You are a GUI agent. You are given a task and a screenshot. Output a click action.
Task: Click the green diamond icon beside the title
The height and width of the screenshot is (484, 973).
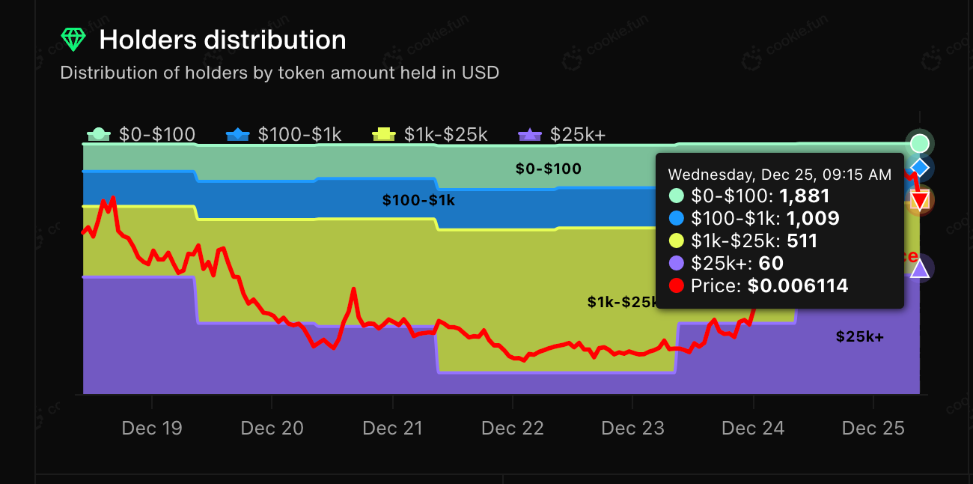click(73, 40)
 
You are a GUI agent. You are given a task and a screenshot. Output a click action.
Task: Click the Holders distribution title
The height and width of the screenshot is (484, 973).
click(222, 40)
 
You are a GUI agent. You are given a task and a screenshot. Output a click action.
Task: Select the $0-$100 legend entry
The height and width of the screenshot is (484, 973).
click(141, 135)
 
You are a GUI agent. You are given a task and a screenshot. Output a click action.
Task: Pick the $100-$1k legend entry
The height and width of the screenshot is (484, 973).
click(284, 135)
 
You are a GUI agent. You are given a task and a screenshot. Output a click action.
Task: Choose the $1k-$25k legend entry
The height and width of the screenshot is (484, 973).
click(430, 135)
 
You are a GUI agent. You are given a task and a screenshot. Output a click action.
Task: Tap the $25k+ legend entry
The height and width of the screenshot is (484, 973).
click(561, 135)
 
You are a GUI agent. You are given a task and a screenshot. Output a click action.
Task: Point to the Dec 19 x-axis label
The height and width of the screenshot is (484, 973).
click(152, 429)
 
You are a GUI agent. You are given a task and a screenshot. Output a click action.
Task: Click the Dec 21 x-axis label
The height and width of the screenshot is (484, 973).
click(392, 429)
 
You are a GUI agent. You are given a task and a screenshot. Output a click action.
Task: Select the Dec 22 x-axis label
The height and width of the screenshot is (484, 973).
click(513, 429)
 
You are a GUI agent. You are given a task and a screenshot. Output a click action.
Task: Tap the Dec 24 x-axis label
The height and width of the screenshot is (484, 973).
click(753, 429)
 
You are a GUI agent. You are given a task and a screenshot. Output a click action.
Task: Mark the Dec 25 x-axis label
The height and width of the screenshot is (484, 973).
click(873, 429)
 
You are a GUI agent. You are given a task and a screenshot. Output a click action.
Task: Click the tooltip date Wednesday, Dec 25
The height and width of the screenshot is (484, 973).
click(779, 175)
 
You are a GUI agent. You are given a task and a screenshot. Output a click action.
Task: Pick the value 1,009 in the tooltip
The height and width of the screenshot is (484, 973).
click(809, 219)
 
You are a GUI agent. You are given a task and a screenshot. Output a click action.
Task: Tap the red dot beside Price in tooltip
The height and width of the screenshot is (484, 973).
click(677, 285)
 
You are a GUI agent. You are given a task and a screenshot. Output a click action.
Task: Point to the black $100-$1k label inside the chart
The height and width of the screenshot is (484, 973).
click(418, 201)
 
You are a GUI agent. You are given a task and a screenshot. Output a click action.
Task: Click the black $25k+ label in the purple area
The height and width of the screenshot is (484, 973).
click(859, 337)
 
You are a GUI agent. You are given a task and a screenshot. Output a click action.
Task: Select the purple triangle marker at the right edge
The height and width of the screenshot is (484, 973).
click(920, 268)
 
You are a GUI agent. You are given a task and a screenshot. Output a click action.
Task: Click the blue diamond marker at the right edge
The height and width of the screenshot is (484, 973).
click(920, 166)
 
